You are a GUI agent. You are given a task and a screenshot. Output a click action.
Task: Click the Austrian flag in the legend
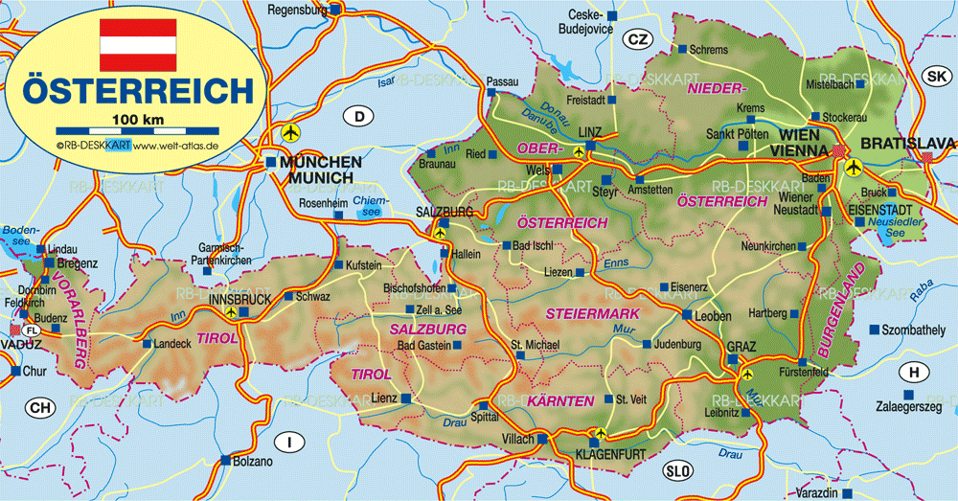tap(139, 44)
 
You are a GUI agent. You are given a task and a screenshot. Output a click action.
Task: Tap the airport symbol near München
tap(291, 130)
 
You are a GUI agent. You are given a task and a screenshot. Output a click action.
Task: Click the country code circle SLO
tap(678, 470)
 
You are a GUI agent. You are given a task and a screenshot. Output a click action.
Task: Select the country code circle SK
tap(935, 76)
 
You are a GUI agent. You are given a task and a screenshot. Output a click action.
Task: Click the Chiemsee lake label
tap(367, 206)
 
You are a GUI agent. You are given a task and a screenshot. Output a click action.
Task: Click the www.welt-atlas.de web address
tap(176, 146)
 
